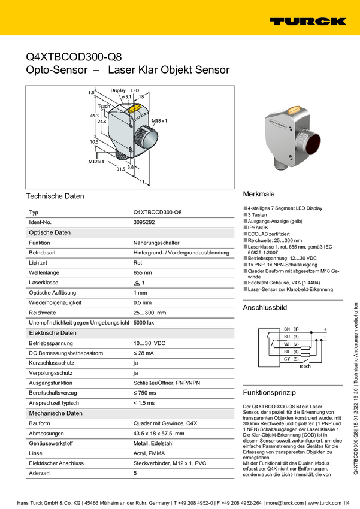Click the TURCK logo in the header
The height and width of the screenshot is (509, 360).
point(307,22)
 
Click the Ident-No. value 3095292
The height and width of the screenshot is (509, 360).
point(144,222)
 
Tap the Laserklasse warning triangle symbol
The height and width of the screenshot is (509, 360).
point(137,283)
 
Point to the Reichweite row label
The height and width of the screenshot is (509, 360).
point(43,313)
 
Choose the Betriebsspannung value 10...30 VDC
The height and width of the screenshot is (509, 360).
point(149,343)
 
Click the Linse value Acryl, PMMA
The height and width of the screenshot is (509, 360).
point(151,453)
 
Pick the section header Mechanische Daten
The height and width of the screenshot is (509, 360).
point(56,413)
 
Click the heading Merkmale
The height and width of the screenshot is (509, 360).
point(259,195)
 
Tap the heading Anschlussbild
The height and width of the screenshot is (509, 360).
point(265,308)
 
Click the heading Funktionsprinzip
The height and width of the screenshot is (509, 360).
point(270,393)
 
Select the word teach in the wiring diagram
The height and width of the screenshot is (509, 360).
point(305,365)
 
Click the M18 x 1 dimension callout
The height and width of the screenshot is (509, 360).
point(159,121)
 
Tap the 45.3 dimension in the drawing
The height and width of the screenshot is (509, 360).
point(94,115)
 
